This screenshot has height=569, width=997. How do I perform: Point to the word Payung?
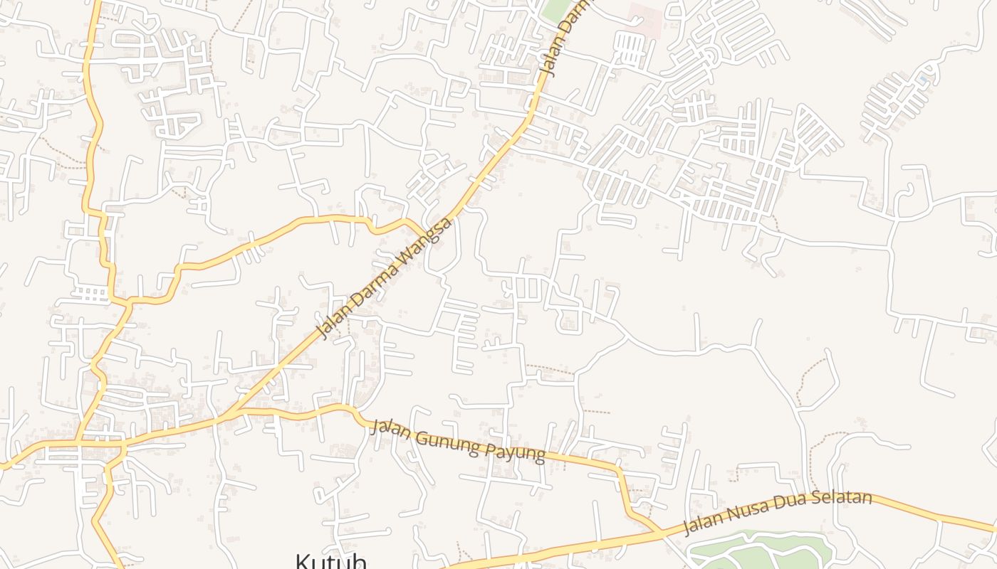pyautogui.click(x=517, y=452)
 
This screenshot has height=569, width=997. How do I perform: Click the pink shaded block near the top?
pyautogui.click(x=644, y=16)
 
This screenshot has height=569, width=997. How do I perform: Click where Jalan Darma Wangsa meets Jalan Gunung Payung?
pyautogui.click(x=231, y=413)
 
